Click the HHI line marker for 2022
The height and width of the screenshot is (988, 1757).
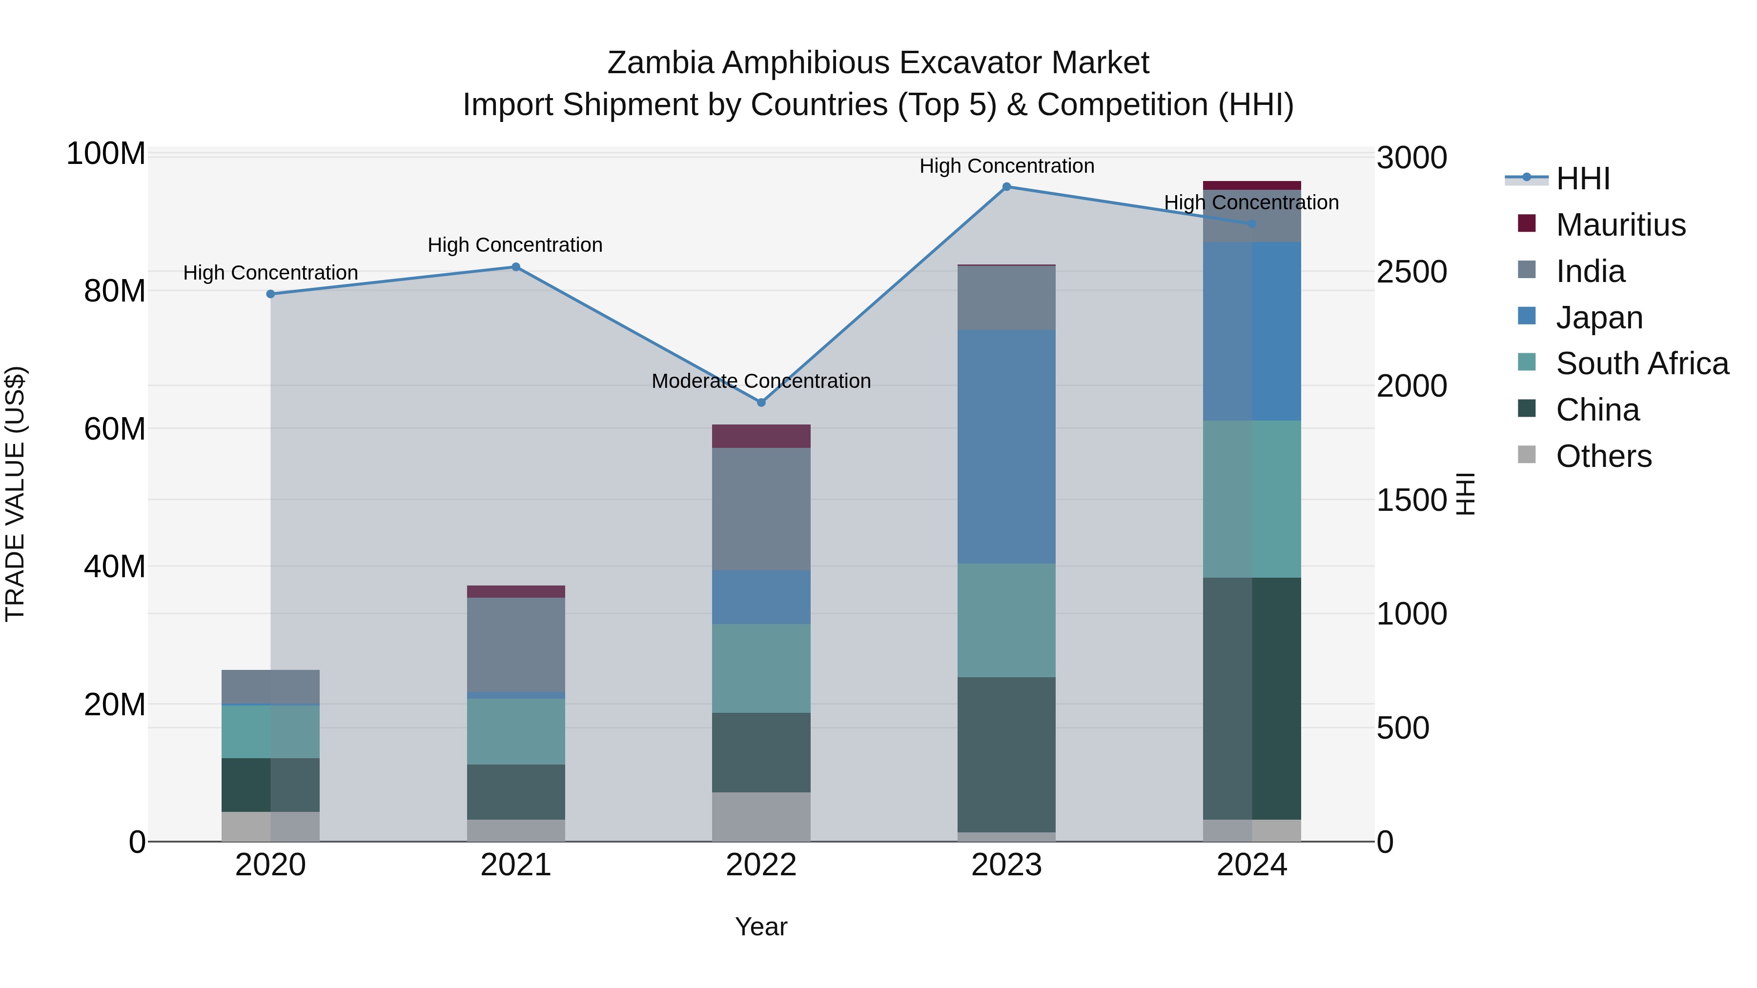click(761, 403)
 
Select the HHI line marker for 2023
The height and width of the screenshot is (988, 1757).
click(1007, 187)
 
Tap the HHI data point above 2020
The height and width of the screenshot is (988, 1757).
click(271, 294)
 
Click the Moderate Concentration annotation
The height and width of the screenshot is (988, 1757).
click(761, 381)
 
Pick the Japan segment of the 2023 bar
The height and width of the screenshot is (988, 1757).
click(1007, 446)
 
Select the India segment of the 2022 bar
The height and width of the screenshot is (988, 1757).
click(761, 509)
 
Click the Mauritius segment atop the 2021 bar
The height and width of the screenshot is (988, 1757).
click(516, 591)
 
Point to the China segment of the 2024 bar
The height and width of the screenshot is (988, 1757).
click(1252, 698)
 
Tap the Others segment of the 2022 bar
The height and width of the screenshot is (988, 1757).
click(761, 816)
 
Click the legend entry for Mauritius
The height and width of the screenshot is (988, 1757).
click(1620, 225)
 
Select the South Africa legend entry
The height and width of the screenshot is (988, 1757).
click(1642, 363)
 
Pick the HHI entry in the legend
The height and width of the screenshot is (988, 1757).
click(1582, 179)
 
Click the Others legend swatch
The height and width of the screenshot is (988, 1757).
click(1527, 455)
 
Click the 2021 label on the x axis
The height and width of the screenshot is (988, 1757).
click(516, 865)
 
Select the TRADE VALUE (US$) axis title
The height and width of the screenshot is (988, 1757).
click(15, 494)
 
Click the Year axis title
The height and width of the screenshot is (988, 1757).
click(761, 927)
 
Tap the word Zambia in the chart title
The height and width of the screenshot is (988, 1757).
click(659, 63)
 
